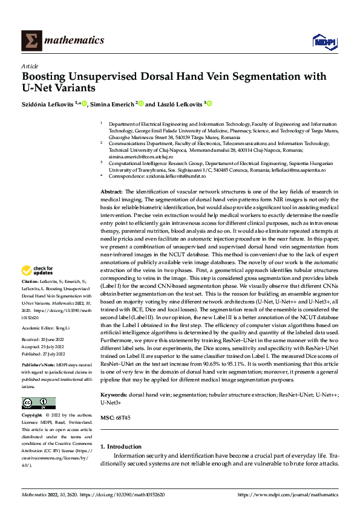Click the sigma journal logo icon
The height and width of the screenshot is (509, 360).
[x=30, y=41]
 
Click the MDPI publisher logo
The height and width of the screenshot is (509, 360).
[x=325, y=41]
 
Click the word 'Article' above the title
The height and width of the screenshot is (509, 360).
[x=30, y=65]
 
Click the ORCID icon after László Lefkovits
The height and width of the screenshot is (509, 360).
[x=209, y=104]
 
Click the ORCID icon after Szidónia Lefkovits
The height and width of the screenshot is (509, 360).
[x=84, y=104]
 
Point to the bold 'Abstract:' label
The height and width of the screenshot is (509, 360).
[x=112, y=191]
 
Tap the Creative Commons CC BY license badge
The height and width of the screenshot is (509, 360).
[x=38, y=403]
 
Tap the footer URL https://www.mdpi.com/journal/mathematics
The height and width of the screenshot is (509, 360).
[x=287, y=494]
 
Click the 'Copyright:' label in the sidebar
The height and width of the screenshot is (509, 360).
[x=33, y=415]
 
